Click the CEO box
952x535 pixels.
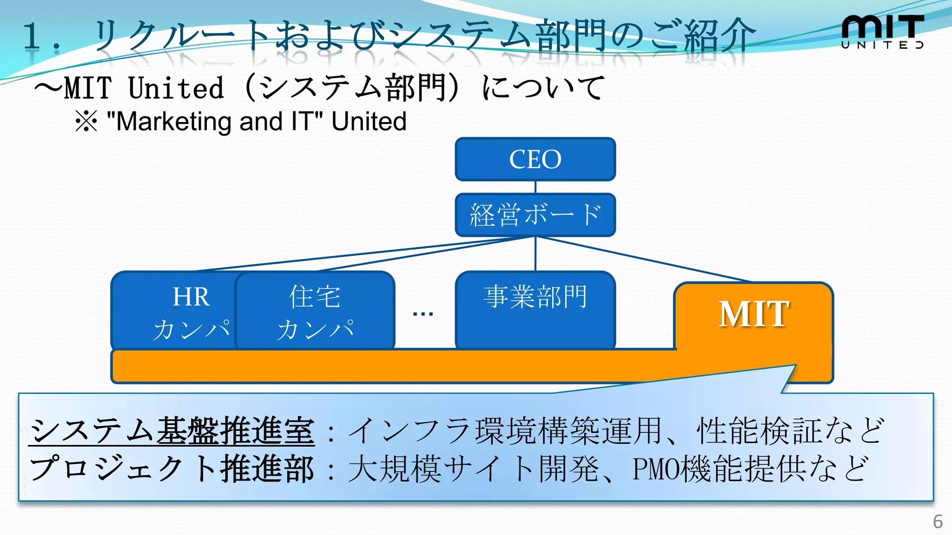point(535,159)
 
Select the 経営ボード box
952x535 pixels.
point(535,215)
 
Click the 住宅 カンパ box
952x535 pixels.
point(315,311)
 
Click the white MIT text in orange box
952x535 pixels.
point(754,314)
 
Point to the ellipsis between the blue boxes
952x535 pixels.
point(423,314)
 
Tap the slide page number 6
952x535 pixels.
point(938,522)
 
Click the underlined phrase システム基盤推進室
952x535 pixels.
point(172,431)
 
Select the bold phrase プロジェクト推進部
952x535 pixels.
point(172,469)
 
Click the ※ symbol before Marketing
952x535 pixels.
point(86,122)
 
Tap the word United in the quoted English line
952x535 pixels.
point(369,122)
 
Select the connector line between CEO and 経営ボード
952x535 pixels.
point(535,187)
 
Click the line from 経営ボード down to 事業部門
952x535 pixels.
point(535,254)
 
